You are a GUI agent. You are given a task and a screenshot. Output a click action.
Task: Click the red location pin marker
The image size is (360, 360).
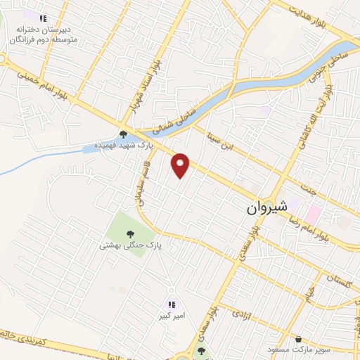pyautogui.click(x=181, y=165)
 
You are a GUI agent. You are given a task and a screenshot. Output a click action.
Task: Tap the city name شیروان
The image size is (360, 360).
pyautogui.click(x=267, y=209)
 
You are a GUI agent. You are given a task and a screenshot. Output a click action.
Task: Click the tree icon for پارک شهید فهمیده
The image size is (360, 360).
pyautogui.click(x=123, y=134)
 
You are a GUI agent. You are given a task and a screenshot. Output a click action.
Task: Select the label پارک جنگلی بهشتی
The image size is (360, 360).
pyautogui.click(x=130, y=245)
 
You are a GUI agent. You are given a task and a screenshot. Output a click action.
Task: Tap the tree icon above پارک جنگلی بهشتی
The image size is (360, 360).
pyautogui.click(x=129, y=233)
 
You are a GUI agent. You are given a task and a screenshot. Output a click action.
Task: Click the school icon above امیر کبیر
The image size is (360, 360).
pyautogui.click(x=172, y=304)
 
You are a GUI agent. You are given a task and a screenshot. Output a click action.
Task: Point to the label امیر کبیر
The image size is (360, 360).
pyautogui.click(x=172, y=316)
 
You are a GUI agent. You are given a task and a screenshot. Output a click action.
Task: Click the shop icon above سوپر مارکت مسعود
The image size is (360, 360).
pyautogui.click(x=300, y=338)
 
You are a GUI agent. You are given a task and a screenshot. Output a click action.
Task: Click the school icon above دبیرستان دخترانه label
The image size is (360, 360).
pyautogui.click(x=43, y=18)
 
